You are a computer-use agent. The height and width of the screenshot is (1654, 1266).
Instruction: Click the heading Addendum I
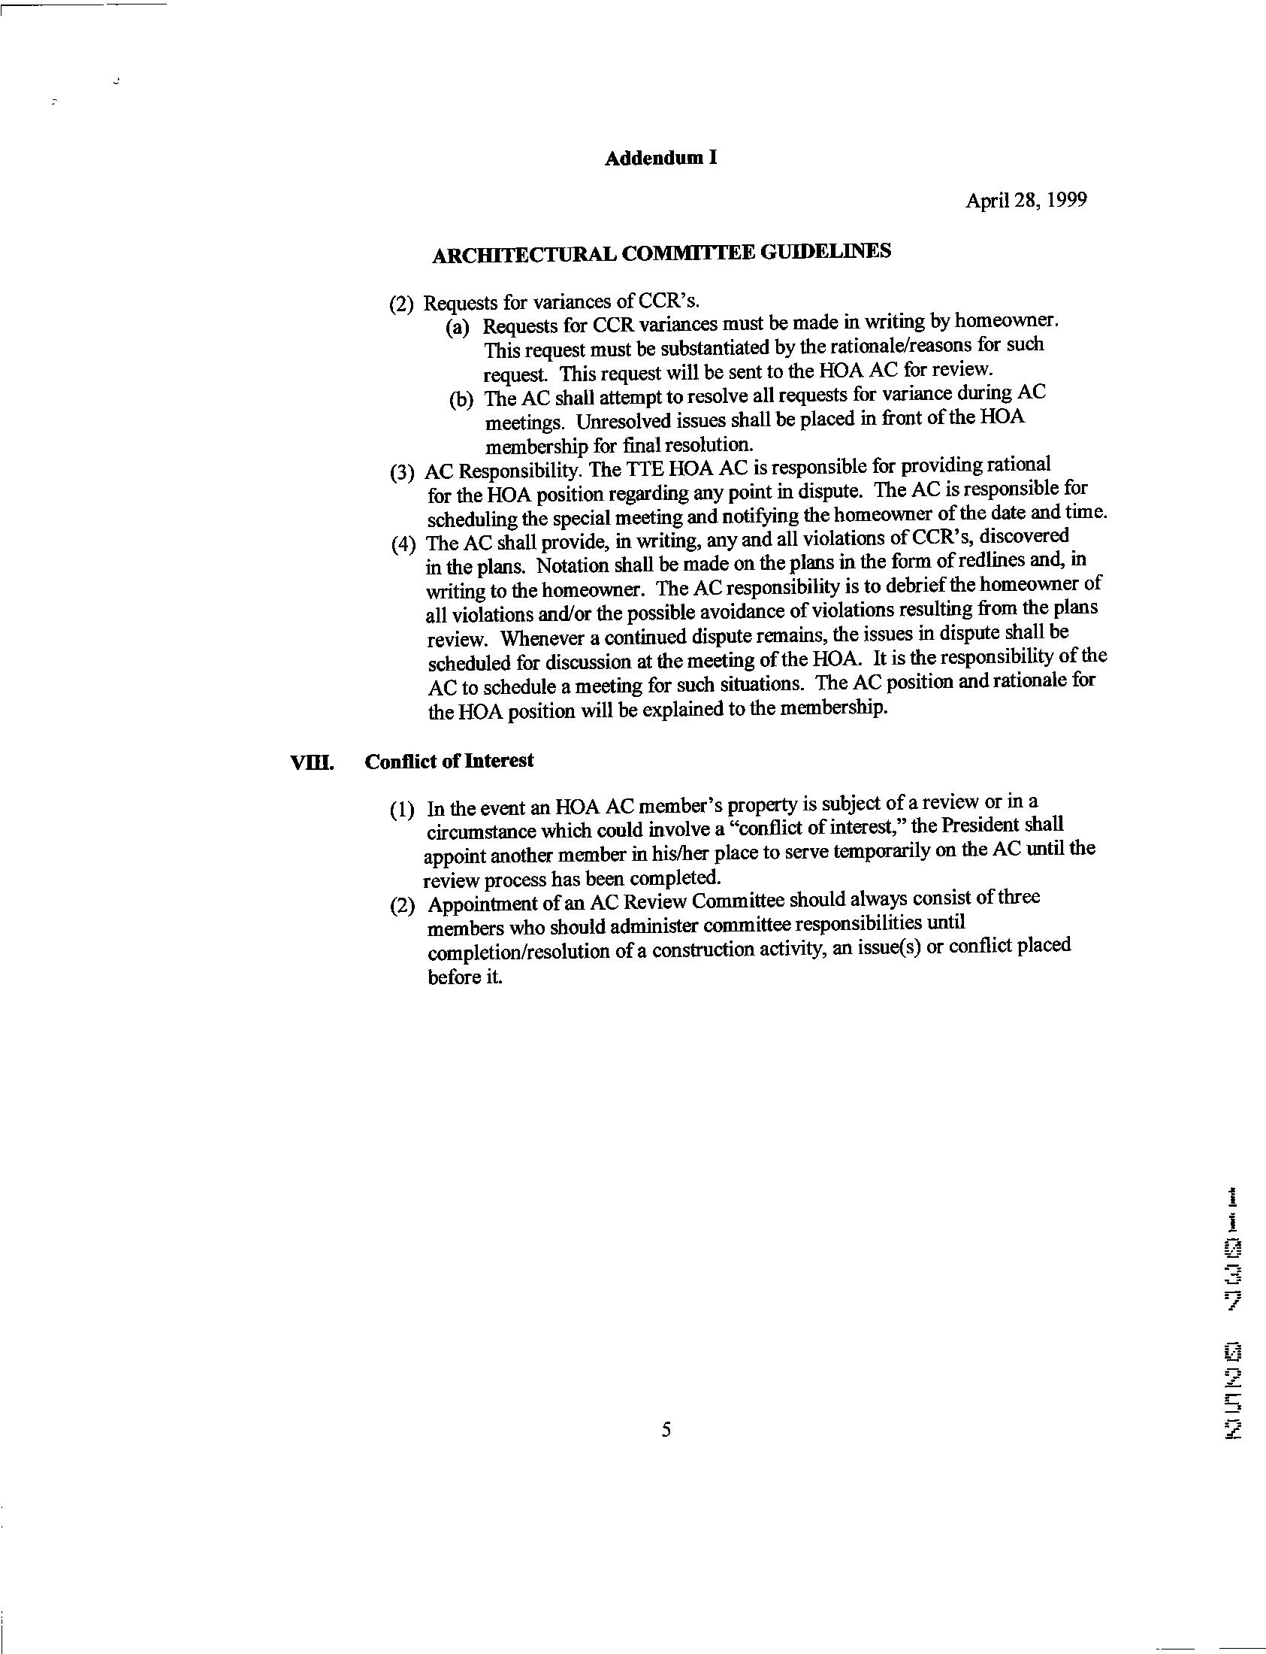click(x=660, y=159)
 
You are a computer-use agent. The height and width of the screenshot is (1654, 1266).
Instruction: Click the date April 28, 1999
click(x=1026, y=201)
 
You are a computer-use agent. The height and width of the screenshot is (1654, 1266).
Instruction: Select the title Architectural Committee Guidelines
click(x=662, y=253)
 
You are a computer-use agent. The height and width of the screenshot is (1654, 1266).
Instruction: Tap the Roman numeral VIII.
click(x=311, y=763)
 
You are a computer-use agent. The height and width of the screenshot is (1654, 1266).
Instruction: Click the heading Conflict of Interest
click(x=449, y=762)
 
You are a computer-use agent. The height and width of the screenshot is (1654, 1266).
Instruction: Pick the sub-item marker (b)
click(x=461, y=400)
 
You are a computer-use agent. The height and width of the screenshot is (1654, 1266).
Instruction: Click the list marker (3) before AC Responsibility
click(x=403, y=473)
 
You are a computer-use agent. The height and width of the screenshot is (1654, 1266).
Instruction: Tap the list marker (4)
click(x=405, y=544)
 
